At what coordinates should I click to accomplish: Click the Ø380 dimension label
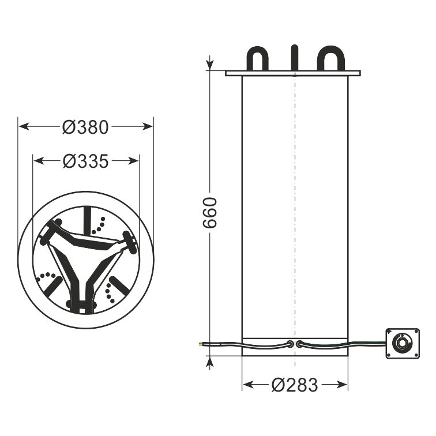85,127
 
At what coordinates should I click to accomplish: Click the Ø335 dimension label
85,161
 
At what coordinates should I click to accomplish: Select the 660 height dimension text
210,213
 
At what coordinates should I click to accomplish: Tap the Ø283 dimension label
295,385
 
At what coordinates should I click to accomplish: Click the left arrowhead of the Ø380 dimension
24,126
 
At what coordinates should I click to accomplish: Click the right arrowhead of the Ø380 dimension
148,126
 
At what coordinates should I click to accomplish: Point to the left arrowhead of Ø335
39,161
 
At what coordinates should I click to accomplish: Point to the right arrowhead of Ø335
133,161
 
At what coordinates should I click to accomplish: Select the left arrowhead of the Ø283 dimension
248,385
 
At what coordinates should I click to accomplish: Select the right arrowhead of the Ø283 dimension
342,385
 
